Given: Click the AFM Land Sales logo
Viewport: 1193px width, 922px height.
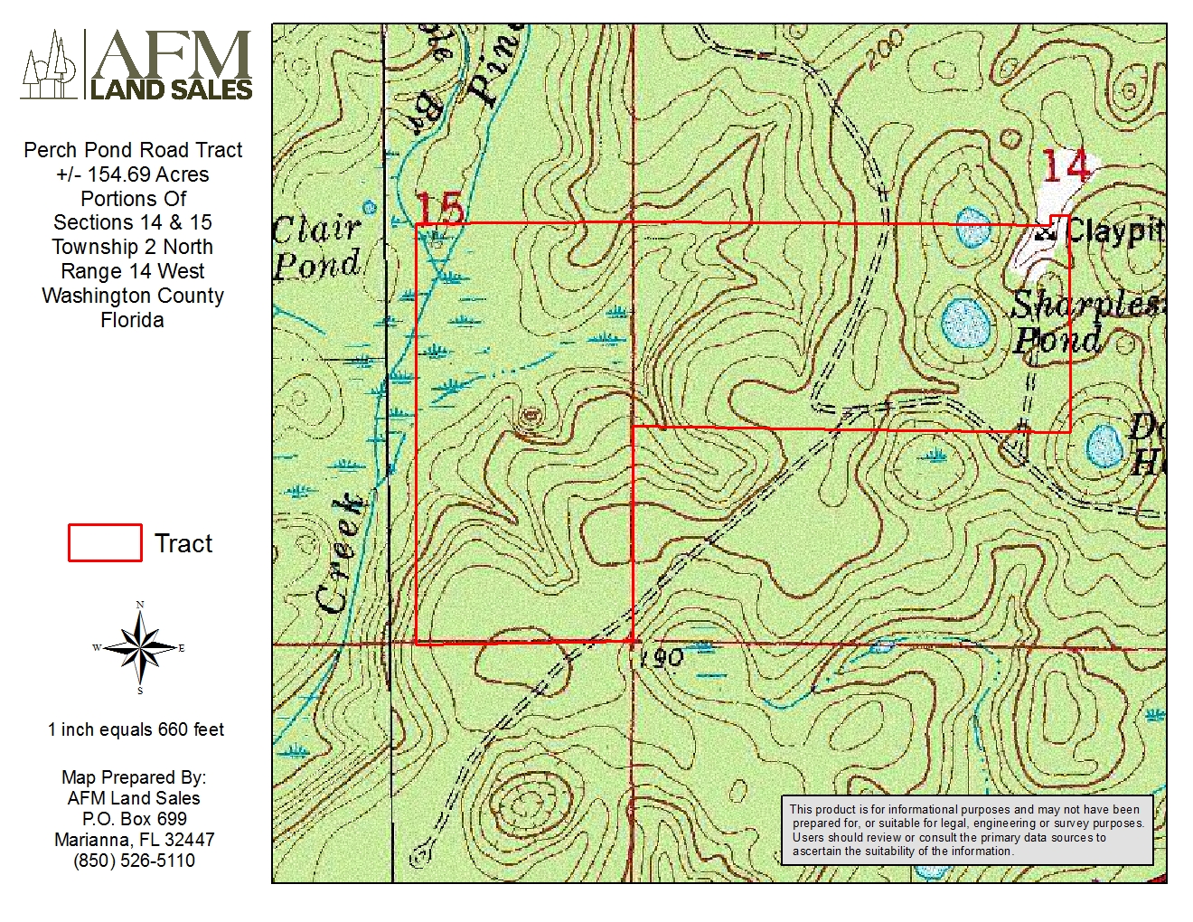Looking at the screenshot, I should click(136, 64).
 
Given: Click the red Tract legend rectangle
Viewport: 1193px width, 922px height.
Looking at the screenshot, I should click(105, 543).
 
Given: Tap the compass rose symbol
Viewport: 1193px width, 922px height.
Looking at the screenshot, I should click(139, 647).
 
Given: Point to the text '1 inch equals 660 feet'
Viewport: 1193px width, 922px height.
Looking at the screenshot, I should click(136, 729).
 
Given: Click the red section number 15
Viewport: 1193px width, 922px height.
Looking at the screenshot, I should click(440, 209).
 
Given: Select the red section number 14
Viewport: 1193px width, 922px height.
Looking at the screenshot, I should click(1065, 165).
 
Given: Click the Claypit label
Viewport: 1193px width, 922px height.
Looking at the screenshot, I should click(1114, 231).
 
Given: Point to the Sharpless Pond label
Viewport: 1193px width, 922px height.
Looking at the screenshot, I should click(1080, 322).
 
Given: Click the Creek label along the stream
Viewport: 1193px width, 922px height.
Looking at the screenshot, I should click(341, 553).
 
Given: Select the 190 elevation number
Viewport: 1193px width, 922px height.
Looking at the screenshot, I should click(661, 659).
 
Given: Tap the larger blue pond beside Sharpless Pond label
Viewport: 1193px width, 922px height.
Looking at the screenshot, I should click(964, 323).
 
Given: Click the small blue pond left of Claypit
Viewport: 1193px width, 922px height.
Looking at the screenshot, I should click(972, 227).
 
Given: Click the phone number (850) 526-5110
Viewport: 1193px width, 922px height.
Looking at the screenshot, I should click(134, 861).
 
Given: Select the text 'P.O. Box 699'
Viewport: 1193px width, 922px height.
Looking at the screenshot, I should click(134, 819).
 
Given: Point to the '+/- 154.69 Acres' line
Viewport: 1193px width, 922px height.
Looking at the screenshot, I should click(132, 174).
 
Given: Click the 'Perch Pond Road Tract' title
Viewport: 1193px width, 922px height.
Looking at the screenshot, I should click(133, 150).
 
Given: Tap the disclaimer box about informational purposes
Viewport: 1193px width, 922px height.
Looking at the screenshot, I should click(966, 830).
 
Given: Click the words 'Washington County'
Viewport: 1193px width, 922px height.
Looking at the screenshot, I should click(132, 296).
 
